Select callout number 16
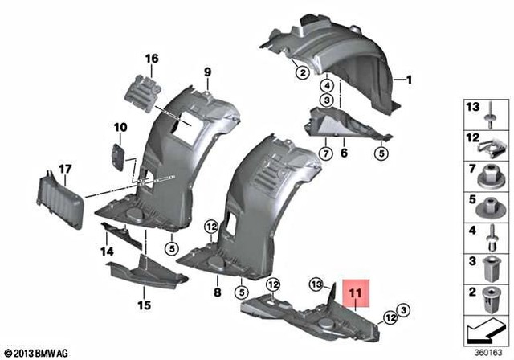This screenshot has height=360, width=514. [152, 58]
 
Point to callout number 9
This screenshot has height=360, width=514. [206, 73]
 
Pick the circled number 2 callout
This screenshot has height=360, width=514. [301, 73]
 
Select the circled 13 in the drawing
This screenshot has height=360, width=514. [317, 283]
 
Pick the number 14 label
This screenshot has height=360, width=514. [106, 252]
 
